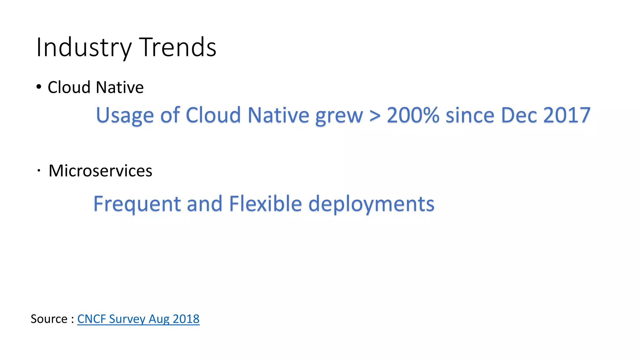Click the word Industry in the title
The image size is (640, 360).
tap(84, 47)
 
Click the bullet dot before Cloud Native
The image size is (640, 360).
tap(38, 87)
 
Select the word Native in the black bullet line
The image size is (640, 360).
tap(120, 87)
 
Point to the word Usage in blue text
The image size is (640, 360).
tap(125, 115)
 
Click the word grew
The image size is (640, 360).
tap(339, 115)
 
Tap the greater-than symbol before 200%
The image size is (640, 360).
tap(375, 115)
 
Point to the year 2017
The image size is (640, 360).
tap(567, 115)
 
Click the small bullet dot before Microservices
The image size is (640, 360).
tap(39, 171)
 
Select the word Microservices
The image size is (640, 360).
tap(100, 171)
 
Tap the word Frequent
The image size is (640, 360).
tap(137, 204)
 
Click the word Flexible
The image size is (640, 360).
tap(265, 204)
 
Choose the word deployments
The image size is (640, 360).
tap(371, 204)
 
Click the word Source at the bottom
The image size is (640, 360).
tap(49, 319)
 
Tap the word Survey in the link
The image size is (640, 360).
tap(127, 319)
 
